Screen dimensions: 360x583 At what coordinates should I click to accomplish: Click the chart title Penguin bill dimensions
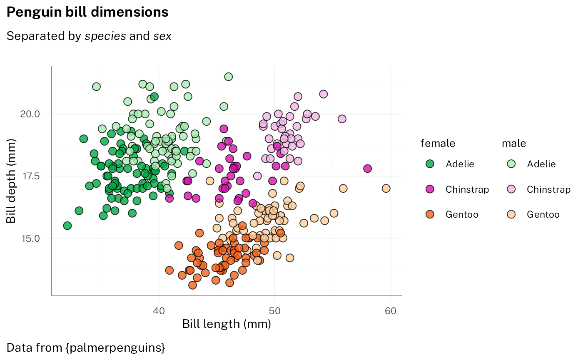[87, 12]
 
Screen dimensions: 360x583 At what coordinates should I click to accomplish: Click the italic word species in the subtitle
[105, 36]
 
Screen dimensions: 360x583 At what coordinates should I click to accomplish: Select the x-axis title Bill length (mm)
[227, 324]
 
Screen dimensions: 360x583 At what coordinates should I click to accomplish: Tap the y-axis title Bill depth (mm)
[11, 181]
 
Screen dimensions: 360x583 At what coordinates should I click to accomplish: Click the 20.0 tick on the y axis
[30, 114]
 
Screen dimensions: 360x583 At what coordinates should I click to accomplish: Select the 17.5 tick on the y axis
[30, 176]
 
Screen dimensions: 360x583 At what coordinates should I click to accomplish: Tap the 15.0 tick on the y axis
[30, 238]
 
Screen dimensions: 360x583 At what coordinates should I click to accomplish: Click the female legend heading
[438, 144]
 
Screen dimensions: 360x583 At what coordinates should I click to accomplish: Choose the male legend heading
[514, 144]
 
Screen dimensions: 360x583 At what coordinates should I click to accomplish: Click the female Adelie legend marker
[430, 164]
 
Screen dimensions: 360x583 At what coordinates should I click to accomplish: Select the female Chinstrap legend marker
[430, 189]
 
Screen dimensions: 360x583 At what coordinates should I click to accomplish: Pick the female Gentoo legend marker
[430, 214]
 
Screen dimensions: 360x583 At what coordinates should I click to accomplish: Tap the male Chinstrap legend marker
[511, 189]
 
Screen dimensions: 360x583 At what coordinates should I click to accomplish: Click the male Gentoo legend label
[543, 215]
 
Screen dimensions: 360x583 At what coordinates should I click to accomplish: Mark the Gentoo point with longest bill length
[386, 189]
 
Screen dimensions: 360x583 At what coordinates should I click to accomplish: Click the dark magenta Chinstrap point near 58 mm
[367, 169]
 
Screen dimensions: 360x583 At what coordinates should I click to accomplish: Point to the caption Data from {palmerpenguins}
[86, 348]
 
